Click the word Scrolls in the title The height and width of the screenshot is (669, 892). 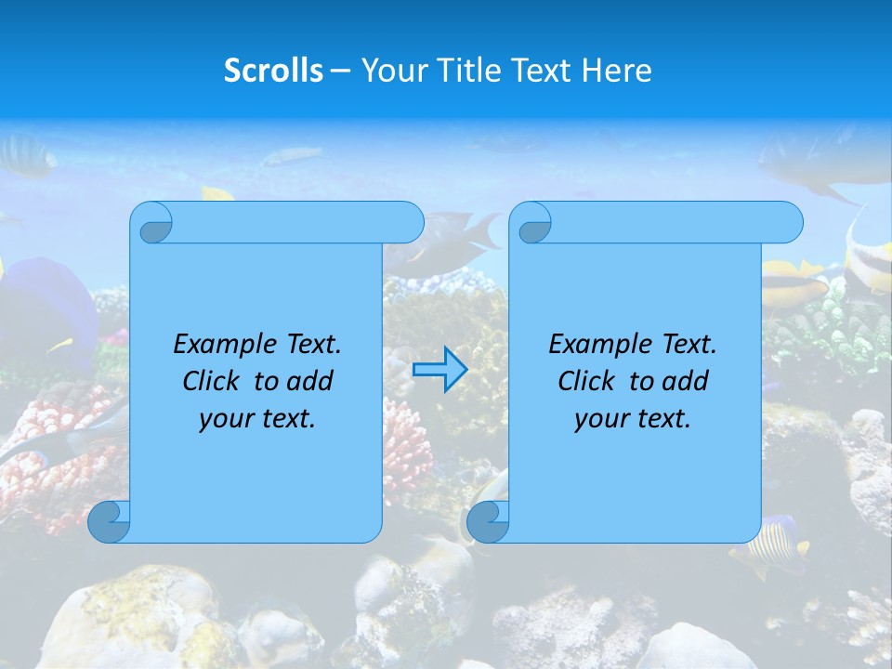(x=273, y=70)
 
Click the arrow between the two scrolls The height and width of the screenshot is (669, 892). (x=439, y=369)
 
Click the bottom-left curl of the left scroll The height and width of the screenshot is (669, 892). (x=110, y=521)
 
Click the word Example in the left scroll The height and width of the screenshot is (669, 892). (x=223, y=344)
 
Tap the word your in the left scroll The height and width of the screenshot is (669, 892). (x=224, y=419)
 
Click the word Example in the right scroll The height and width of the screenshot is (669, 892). (x=598, y=344)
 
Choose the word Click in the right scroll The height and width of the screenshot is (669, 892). (x=585, y=381)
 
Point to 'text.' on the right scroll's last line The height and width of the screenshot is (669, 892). (x=662, y=419)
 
